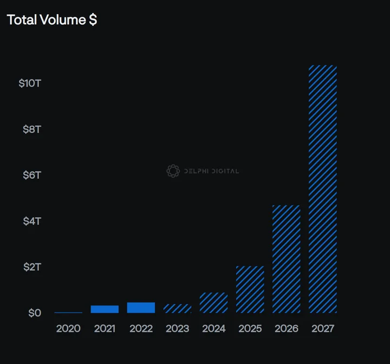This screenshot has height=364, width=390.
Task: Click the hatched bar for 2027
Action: coord(323,189)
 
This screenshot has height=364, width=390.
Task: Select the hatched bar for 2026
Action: coord(287,259)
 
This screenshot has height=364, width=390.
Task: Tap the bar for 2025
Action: coord(250,289)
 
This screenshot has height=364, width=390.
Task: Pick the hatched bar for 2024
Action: coord(213,303)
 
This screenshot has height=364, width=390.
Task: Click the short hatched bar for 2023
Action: coord(177,309)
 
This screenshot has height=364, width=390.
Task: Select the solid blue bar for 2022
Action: coord(141,308)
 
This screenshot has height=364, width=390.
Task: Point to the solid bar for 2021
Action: coord(105,309)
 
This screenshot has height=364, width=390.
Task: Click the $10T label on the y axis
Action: coord(30,83)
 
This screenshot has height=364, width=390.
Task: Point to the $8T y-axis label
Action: coord(32,129)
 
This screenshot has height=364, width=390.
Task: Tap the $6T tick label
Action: coord(32,175)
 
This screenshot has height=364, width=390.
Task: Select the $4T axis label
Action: coord(32,221)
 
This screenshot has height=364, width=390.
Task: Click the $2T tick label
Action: coord(32,267)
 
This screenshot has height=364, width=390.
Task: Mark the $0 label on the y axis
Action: coord(35,313)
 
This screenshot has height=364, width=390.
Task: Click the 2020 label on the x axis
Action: coord(68,329)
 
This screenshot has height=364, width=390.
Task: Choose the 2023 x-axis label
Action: coord(177,329)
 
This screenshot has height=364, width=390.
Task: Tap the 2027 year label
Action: coord(323,329)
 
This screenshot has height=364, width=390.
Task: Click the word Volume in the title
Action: coord(63,19)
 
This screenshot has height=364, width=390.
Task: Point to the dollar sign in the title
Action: coord(93,19)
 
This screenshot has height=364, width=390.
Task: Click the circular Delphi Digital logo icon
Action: coord(173,171)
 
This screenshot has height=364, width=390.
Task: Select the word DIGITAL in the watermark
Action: coord(225,171)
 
